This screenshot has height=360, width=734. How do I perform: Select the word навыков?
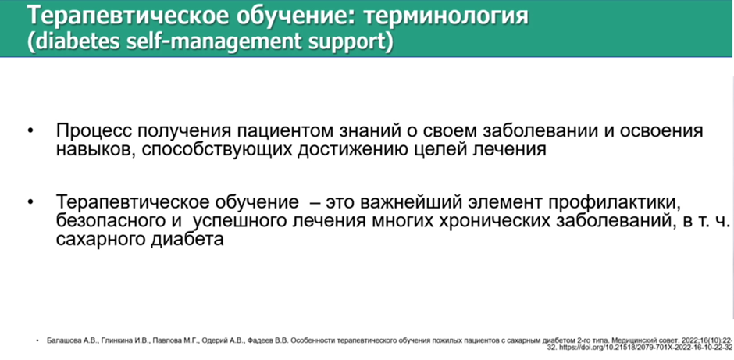click(94, 150)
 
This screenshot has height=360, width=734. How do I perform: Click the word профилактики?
click(615, 204)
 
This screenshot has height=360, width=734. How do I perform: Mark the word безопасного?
click(110, 221)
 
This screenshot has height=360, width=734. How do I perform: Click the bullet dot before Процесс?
click(31, 131)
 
